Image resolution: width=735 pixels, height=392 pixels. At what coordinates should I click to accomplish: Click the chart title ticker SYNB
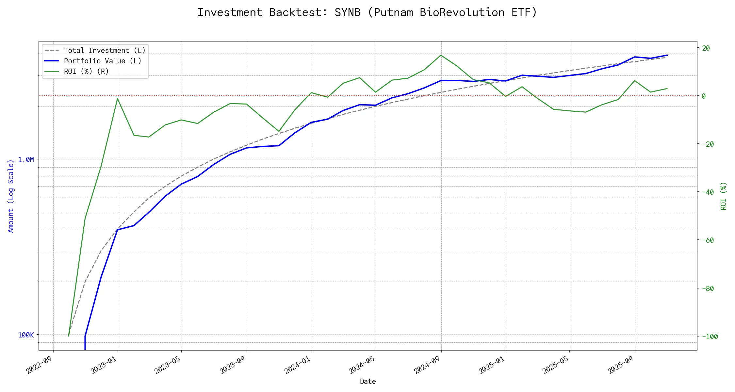(x=347, y=12)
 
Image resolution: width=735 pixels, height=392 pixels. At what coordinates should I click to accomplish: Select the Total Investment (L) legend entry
(x=105, y=51)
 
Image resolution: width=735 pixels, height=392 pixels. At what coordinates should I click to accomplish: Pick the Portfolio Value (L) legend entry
(x=103, y=61)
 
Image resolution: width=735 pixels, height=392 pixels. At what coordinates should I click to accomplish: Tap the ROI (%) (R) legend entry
(x=86, y=72)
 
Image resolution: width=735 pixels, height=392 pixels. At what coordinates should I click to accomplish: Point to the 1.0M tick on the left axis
(x=26, y=160)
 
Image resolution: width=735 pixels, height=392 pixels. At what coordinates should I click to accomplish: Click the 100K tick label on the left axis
(x=26, y=335)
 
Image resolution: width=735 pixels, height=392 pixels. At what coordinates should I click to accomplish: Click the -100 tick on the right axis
(x=710, y=336)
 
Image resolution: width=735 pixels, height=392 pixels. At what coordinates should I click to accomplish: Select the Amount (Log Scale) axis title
(x=11, y=196)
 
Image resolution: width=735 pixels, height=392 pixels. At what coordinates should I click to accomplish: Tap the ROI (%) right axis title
(x=723, y=196)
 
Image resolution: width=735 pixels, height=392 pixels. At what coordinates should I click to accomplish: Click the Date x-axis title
(x=368, y=382)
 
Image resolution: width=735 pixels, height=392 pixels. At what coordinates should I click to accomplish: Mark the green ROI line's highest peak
(x=441, y=55)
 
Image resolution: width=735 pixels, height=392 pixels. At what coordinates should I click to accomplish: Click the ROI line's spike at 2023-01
(x=118, y=98)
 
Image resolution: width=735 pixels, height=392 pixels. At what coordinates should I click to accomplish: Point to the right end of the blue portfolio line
(x=667, y=55)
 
